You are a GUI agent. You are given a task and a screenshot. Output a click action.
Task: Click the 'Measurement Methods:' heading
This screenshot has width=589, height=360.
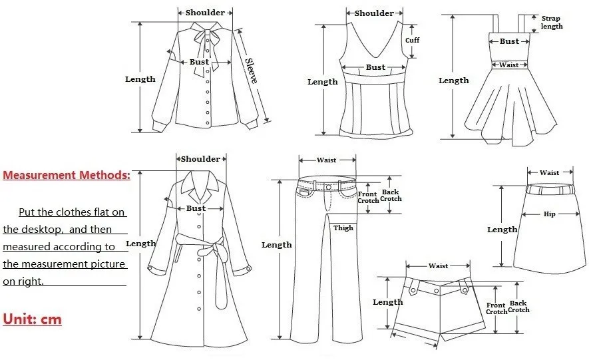67,176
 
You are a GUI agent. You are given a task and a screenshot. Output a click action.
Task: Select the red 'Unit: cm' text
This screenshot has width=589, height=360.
32,319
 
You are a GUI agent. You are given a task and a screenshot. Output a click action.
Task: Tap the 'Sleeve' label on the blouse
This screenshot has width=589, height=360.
251,71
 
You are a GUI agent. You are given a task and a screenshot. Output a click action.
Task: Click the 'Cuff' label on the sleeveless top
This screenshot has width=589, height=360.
413,40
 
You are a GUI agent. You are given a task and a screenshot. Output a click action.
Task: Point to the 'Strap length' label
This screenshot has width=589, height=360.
552,23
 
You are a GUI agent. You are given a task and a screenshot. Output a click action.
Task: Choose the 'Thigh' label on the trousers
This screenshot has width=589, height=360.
343,228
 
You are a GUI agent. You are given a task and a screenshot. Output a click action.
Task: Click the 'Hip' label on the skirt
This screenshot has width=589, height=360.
549,214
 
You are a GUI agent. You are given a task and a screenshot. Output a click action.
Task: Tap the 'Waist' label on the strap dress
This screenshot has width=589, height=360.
509,65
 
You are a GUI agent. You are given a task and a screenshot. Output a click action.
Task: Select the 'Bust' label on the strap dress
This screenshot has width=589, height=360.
509,41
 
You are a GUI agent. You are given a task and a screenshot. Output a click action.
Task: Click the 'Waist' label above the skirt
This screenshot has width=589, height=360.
549,173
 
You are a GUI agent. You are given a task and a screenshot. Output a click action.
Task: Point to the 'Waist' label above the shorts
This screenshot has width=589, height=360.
438,266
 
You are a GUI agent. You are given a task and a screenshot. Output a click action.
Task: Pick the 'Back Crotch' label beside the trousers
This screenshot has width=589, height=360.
391,195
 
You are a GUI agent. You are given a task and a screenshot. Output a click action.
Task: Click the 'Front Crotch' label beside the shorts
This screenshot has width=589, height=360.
496,308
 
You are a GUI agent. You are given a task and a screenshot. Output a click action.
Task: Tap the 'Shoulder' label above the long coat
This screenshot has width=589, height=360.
200,159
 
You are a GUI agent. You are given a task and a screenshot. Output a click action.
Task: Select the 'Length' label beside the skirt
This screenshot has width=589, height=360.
502,230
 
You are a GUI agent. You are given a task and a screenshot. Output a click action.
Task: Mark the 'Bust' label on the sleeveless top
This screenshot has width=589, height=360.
375,67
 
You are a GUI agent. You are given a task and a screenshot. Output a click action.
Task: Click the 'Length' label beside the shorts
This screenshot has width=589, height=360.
388,302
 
